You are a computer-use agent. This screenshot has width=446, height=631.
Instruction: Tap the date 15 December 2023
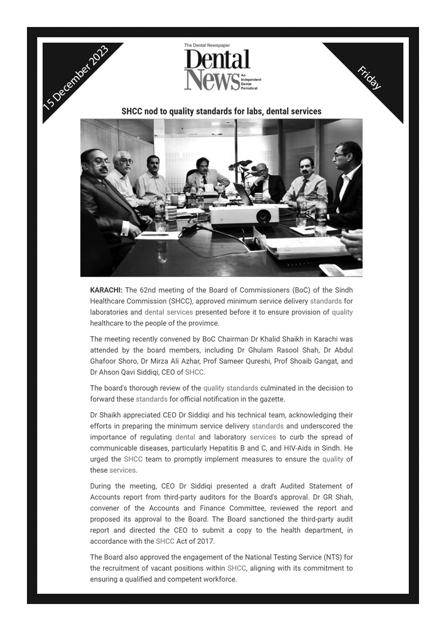[x=76, y=77]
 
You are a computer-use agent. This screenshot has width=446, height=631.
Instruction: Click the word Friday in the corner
[x=369, y=77]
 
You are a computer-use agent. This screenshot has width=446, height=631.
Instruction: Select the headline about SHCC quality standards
[x=221, y=111]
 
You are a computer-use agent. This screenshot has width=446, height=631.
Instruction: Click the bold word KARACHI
[x=106, y=290]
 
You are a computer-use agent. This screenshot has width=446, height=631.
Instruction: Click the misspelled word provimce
[x=203, y=323]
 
